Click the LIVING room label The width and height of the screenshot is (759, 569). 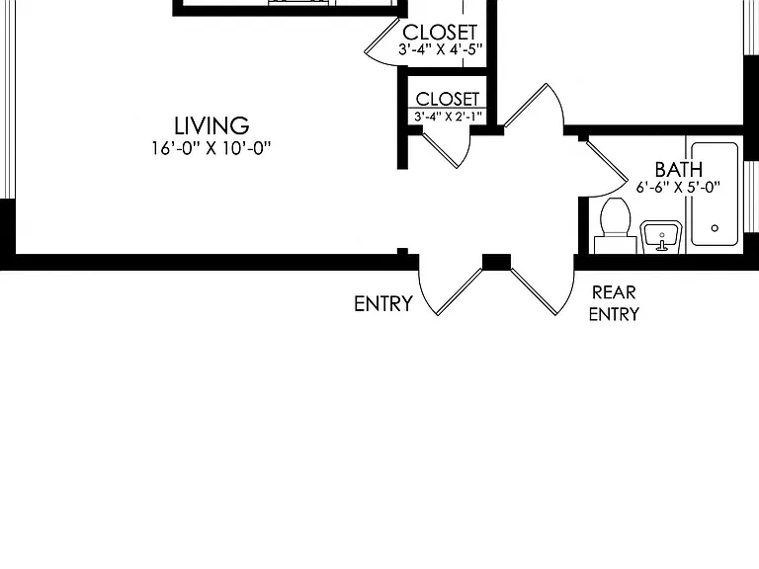click(x=211, y=125)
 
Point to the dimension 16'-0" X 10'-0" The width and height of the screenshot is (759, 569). click(x=211, y=148)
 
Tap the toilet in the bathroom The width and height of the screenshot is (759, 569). click(x=616, y=225)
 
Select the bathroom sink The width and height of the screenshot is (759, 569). click(x=661, y=237)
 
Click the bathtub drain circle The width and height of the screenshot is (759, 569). click(x=715, y=228)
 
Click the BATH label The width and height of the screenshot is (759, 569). click(x=679, y=169)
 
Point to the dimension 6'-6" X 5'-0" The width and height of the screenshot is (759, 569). click(x=678, y=187)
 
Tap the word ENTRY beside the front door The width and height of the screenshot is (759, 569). click(x=383, y=304)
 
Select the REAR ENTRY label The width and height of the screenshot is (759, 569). click(x=614, y=303)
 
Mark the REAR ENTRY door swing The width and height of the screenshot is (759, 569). click(x=544, y=291)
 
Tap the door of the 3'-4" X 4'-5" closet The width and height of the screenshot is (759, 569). click(x=382, y=41)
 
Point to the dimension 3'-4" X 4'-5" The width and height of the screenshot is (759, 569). click(x=441, y=49)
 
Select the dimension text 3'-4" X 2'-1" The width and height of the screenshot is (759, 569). click(x=448, y=117)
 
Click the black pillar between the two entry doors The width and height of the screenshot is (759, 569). click(x=496, y=262)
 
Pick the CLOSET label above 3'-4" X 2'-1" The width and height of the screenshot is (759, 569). click(x=448, y=99)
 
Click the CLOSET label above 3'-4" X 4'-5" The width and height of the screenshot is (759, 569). click(x=440, y=33)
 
